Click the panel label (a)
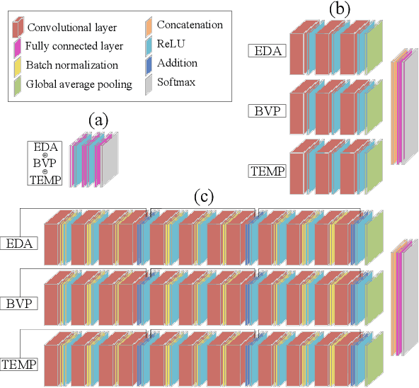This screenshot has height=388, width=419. click(x=98, y=120)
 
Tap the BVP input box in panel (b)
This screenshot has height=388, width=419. click(x=268, y=110)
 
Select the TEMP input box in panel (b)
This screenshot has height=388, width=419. click(x=268, y=170)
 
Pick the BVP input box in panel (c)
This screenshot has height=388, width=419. click(x=18, y=304)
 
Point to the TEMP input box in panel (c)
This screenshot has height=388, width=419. click(x=18, y=365)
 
